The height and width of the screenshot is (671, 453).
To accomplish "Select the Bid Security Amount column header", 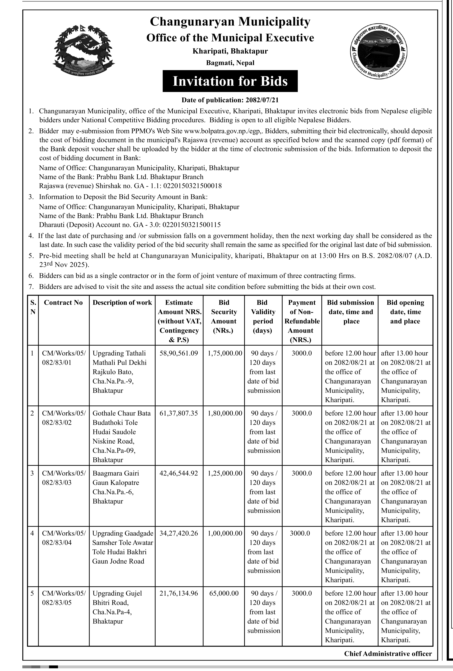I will point(224,316).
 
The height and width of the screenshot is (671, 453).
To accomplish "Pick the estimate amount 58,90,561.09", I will point(179,353).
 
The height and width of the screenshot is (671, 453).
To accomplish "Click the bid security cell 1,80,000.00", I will point(225,413).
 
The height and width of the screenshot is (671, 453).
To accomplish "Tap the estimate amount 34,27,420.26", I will point(179,533).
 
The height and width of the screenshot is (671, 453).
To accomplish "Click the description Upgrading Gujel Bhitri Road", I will point(117,598).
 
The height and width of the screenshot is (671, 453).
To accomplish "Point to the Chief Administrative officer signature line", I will point(388,654).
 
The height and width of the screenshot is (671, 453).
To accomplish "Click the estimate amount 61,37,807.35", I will point(179,413).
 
